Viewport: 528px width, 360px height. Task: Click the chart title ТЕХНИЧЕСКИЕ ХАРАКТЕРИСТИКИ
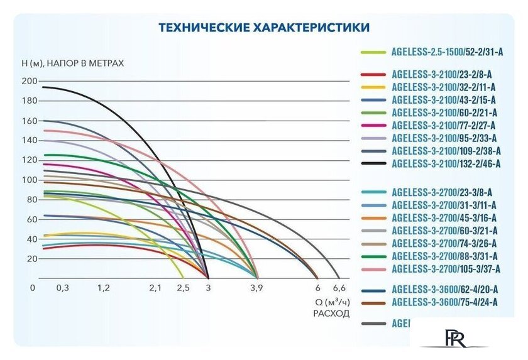pos(263,28)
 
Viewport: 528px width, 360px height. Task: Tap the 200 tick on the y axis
pos(30,81)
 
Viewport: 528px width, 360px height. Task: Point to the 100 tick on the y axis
pos(30,180)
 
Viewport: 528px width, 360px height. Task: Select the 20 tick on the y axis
pos(32,259)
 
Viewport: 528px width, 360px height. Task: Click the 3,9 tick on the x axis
pos(256,288)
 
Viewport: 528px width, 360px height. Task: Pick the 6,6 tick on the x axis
pos(339,288)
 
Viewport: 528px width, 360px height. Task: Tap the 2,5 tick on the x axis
pos(183,288)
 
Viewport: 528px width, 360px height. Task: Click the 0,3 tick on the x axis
pos(63,288)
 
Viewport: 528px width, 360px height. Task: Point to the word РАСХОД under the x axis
pos(331,313)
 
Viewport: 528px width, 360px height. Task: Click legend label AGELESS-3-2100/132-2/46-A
pos(446,163)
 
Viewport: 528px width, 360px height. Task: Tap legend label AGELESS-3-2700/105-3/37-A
pos(445,268)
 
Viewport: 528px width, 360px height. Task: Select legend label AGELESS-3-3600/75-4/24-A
pos(444,302)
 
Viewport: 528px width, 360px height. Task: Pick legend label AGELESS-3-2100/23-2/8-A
pos(441,74)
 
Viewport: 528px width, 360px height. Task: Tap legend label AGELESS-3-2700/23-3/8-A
pos(441,192)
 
